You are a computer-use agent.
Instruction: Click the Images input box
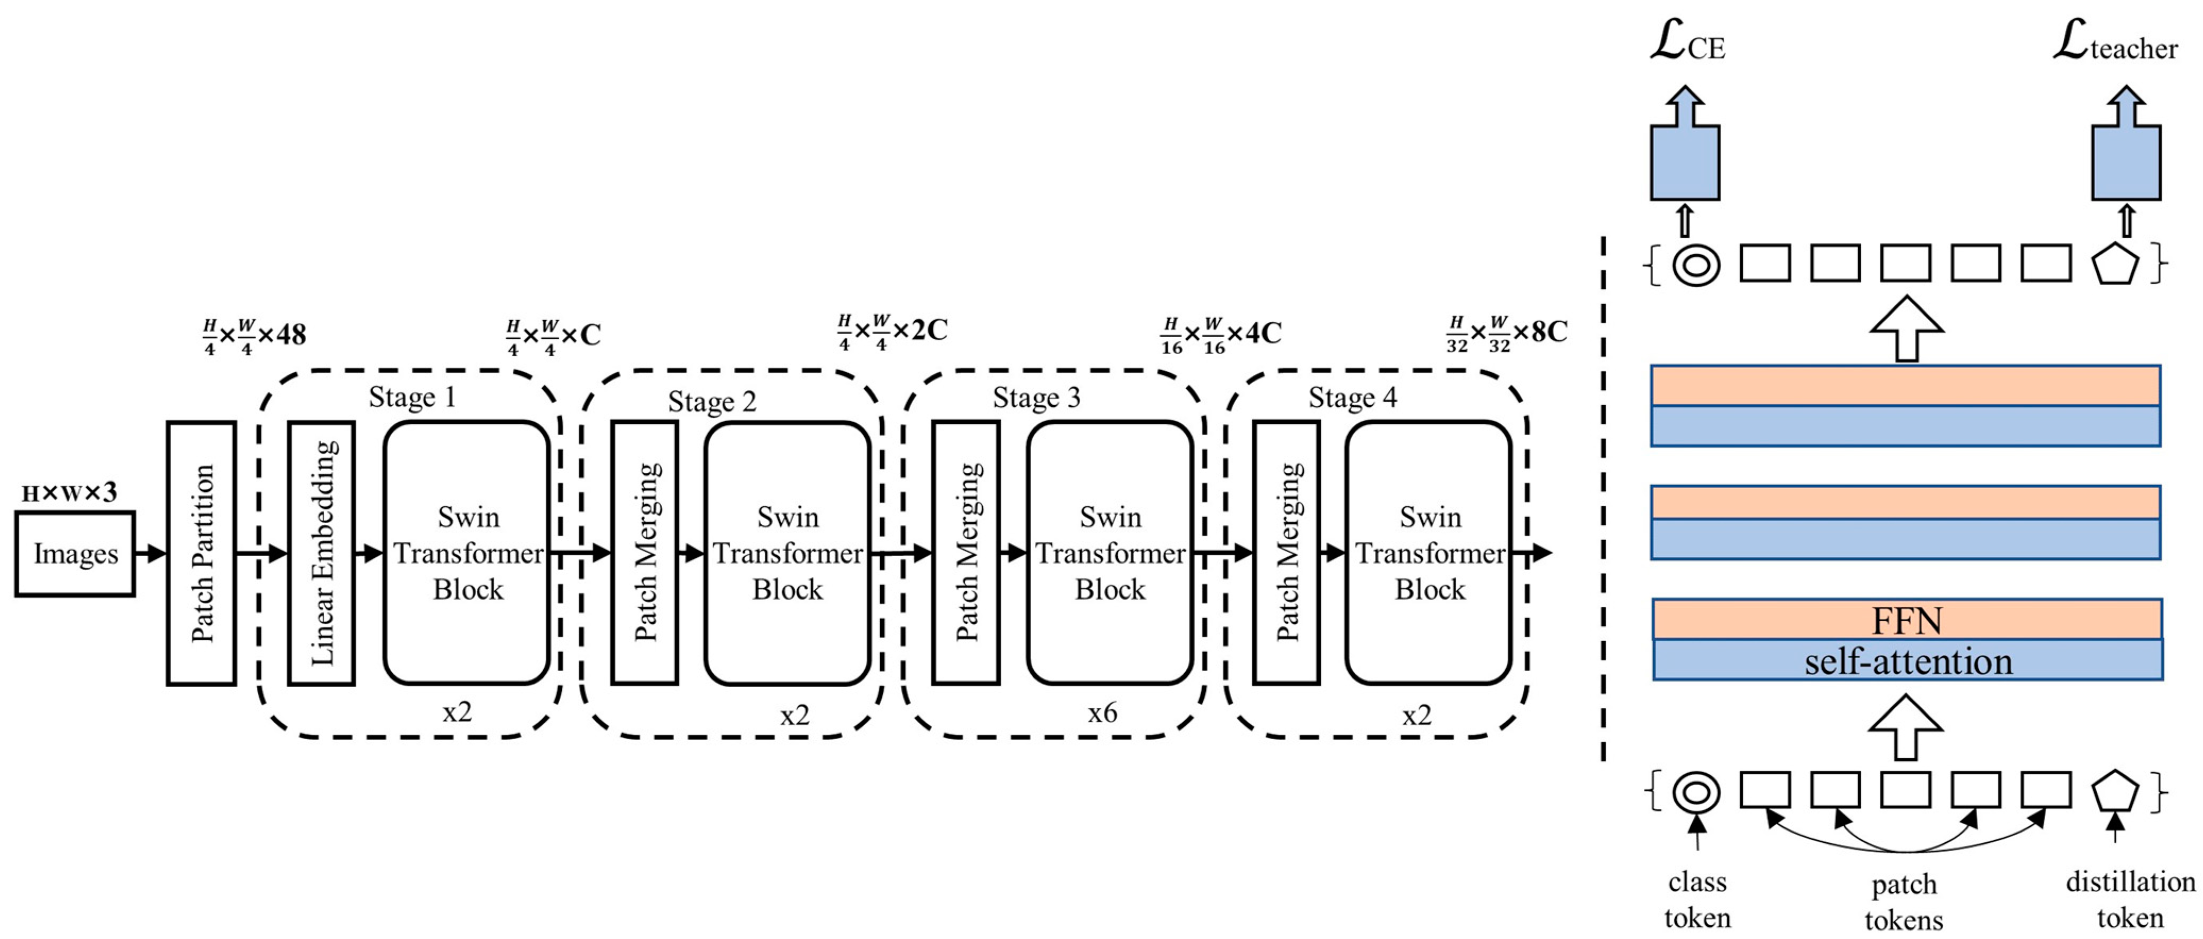(x=75, y=554)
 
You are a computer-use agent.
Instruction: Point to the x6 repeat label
(x=1102, y=712)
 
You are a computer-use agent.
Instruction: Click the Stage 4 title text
(x=1352, y=398)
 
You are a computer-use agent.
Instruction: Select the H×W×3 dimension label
(x=69, y=492)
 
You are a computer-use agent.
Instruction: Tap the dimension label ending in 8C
(x=1506, y=333)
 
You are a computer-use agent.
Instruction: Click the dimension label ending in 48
(x=254, y=335)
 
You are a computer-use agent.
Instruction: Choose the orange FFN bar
(x=1907, y=619)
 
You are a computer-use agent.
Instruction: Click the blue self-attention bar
(x=1907, y=661)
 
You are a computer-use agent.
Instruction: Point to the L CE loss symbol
(x=1686, y=43)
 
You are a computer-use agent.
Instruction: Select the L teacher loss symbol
(x=2114, y=43)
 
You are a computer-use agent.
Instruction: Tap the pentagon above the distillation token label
(x=2115, y=792)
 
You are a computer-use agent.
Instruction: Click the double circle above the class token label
(x=1696, y=792)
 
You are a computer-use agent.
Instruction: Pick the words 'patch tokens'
(x=1904, y=901)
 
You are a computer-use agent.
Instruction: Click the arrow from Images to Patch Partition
(x=150, y=554)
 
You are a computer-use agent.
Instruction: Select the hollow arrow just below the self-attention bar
(x=1905, y=727)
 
